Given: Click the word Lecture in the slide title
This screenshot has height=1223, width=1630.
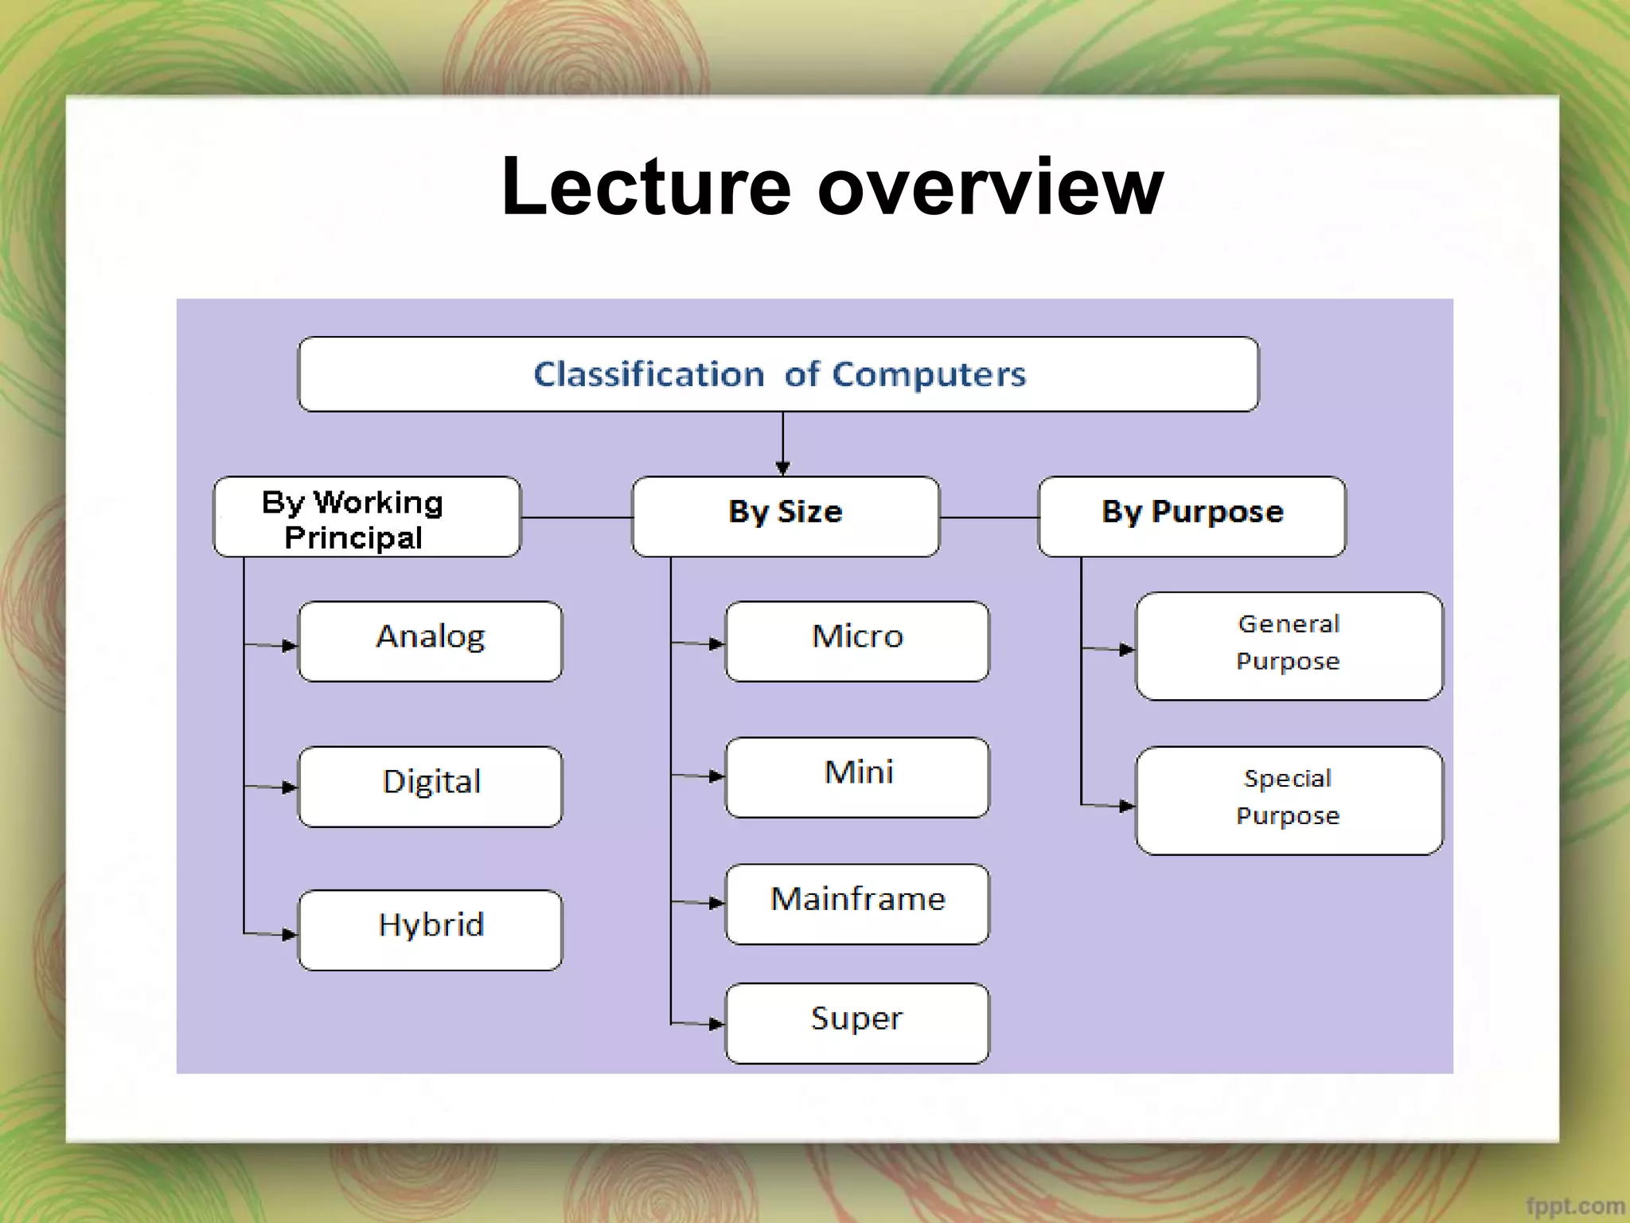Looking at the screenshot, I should click(646, 187).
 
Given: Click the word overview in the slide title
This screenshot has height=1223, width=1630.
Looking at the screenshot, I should click(990, 187).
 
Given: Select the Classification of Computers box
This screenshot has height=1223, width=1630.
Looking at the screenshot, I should click(778, 374).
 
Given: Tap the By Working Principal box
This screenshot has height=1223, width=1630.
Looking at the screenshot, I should click(367, 517).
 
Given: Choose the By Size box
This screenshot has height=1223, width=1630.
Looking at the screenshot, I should click(786, 517).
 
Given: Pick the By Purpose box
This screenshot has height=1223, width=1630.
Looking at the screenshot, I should click(1191, 517).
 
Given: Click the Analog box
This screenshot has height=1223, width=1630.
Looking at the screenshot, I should click(430, 641).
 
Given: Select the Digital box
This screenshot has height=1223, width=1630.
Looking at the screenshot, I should click(430, 786).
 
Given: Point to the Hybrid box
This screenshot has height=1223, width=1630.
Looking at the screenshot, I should click(430, 929).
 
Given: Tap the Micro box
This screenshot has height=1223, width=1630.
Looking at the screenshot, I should click(857, 641).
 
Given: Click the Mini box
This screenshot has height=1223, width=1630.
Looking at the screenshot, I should click(857, 777).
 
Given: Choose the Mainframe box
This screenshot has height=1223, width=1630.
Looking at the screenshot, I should click(857, 904).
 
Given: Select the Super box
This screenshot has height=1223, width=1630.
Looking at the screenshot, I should click(857, 1022).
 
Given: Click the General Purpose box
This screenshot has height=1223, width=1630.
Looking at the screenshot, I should click(1289, 646).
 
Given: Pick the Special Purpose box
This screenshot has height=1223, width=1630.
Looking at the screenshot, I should click(1289, 800).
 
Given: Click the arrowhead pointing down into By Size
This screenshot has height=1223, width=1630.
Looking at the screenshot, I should click(782, 468).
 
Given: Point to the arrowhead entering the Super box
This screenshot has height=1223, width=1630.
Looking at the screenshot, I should click(716, 1024).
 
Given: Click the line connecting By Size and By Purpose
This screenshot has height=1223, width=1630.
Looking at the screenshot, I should click(989, 518).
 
